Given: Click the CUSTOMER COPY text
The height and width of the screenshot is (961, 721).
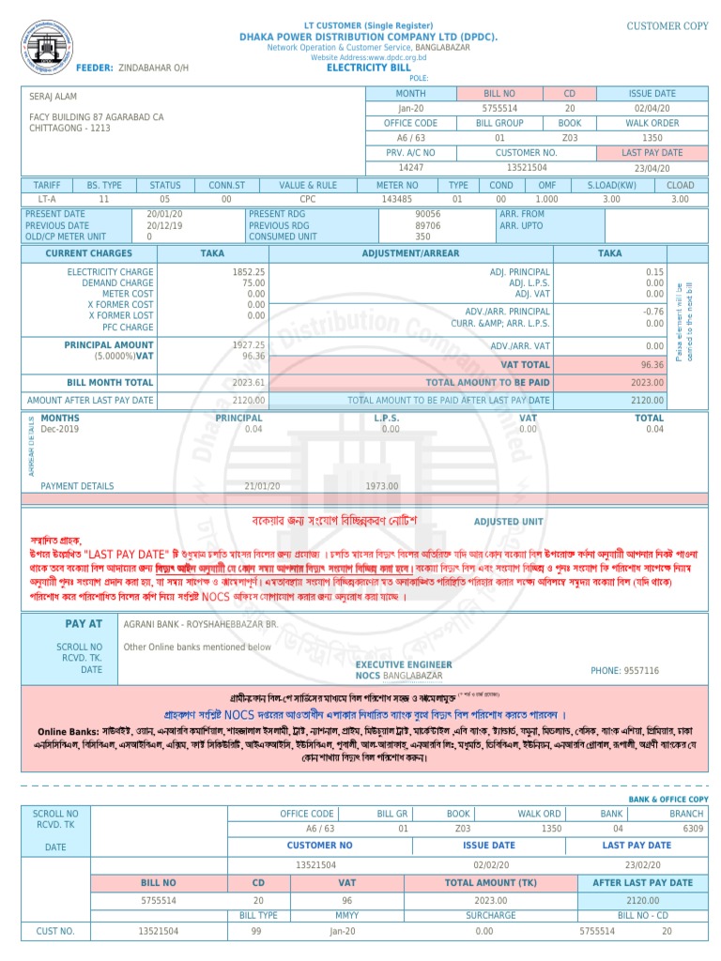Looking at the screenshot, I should [667, 26].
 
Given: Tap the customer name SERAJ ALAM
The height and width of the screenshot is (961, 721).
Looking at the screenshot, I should [54, 97].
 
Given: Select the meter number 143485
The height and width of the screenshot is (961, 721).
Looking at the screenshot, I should [397, 200].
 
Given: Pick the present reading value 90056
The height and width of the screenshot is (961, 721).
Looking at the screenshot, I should [427, 214].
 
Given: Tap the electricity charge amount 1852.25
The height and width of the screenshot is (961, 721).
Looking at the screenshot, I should [249, 271].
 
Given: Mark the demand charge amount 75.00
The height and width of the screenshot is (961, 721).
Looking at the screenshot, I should [253, 282].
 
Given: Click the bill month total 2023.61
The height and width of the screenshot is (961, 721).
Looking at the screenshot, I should [249, 383].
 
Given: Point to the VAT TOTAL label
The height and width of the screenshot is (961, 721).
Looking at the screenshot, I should [525, 364].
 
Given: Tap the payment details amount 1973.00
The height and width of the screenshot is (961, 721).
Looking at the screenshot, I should [381, 486].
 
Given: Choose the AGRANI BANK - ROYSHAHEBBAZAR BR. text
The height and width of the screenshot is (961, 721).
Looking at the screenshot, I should [201, 623].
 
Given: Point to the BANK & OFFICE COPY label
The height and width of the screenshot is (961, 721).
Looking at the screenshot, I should [669, 799].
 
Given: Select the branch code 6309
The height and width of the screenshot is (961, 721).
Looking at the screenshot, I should [693, 829].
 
